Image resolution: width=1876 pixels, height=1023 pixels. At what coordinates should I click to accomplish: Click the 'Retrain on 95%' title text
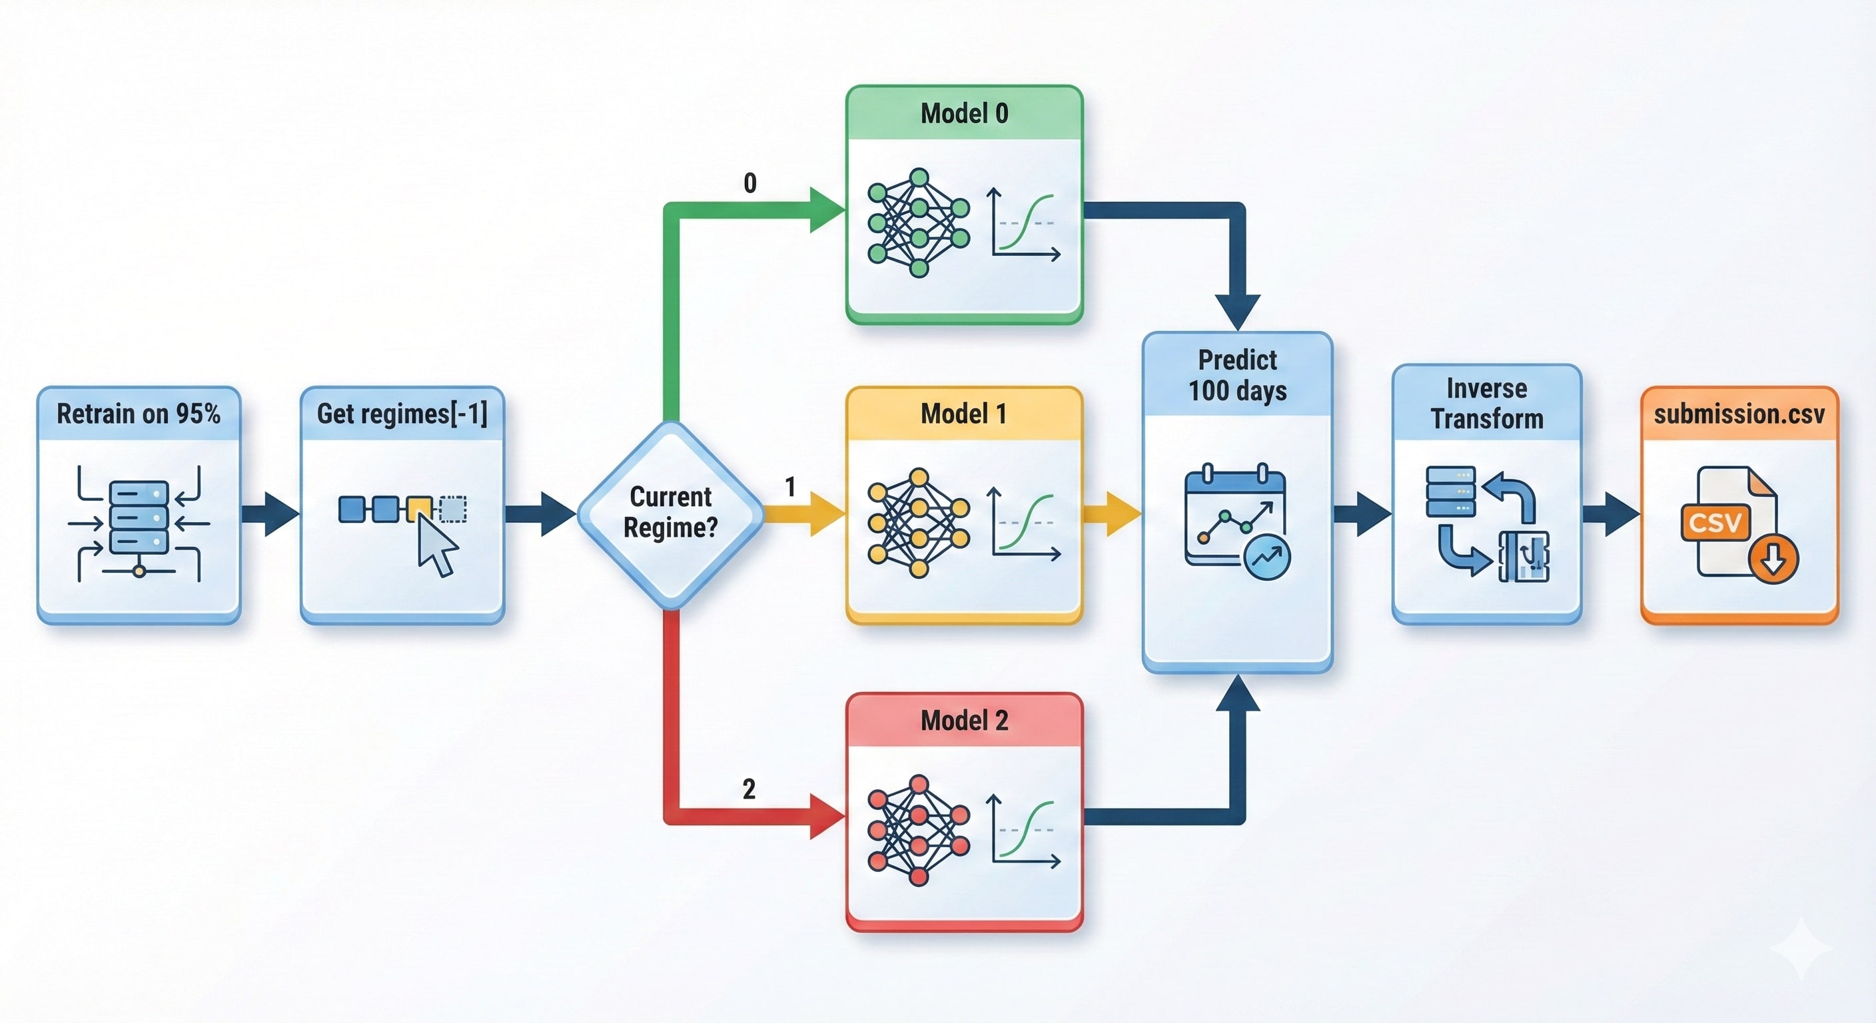point(139,414)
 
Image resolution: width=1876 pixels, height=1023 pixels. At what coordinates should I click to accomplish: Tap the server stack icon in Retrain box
point(139,517)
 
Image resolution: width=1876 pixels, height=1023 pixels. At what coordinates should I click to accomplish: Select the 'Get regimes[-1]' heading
point(402,414)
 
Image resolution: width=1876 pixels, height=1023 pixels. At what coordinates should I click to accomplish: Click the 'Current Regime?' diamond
point(671,513)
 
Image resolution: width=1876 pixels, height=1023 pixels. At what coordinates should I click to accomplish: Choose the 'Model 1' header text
point(964,414)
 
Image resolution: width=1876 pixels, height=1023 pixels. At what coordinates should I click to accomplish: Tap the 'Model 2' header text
point(964,720)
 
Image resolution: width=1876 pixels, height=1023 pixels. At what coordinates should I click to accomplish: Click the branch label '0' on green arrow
point(750,182)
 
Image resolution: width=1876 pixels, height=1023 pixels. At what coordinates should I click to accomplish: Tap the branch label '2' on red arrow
point(749,789)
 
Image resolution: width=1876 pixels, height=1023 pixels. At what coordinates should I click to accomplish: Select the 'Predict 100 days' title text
point(1237,375)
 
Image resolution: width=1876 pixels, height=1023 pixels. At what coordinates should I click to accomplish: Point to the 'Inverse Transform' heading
point(1486,404)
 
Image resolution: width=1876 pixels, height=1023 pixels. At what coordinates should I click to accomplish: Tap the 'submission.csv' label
point(1739,414)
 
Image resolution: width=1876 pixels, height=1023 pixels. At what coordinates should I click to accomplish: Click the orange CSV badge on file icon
point(1715,522)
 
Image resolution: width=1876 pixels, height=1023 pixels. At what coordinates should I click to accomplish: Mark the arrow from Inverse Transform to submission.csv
point(1611,513)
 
